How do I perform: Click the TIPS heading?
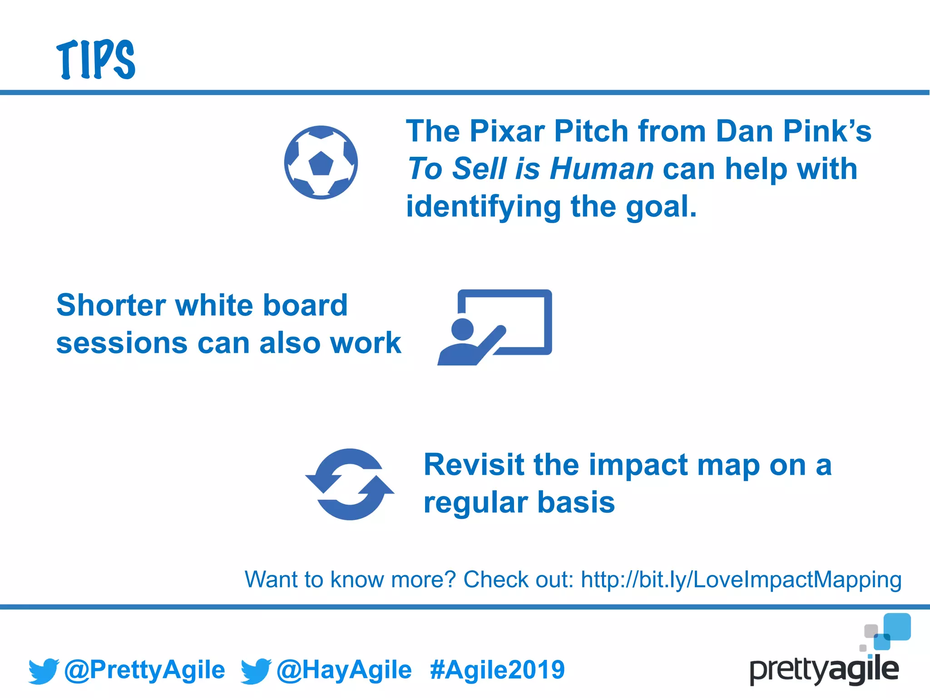pos(96,60)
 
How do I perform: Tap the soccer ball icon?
pos(321,163)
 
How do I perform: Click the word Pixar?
pos(507,131)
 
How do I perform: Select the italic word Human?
pos(601,169)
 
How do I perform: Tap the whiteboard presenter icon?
pos(495,327)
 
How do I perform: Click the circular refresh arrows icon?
pos(350,484)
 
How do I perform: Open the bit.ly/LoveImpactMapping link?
pos(741,580)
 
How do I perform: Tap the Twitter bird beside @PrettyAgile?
pos(44,671)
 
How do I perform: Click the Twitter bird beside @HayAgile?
pos(256,671)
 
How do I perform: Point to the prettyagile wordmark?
pos(824,670)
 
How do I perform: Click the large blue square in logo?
pos(897,627)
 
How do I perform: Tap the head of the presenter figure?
pos(463,329)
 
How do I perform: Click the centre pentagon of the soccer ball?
pos(321,164)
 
